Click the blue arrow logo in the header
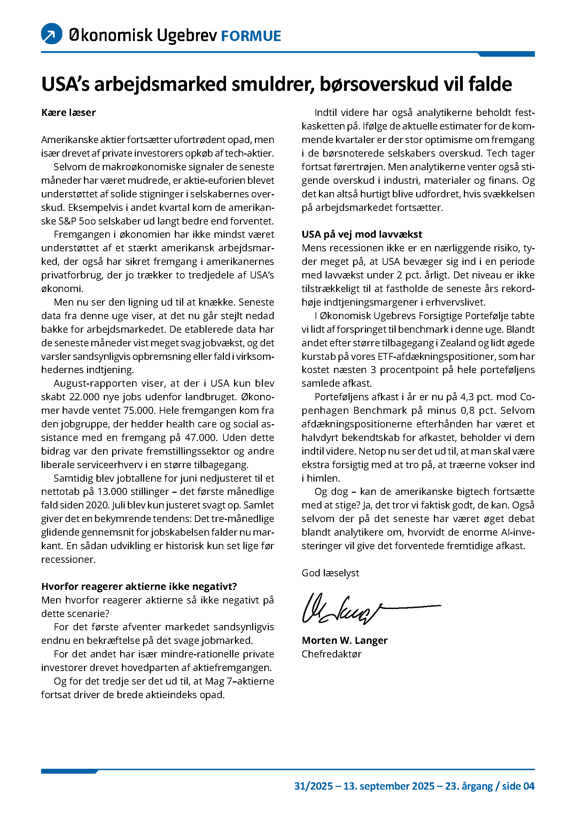(x=52, y=34)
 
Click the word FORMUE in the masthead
(x=251, y=36)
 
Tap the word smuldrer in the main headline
(x=272, y=84)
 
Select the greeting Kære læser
(x=69, y=113)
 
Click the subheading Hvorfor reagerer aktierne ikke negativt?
(x=139, y=586)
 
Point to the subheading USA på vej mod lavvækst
(x=362, y=234)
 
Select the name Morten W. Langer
(x=344, y=640)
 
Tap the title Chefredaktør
(x=331, y=654)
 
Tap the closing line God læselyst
(x=330, y=573)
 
